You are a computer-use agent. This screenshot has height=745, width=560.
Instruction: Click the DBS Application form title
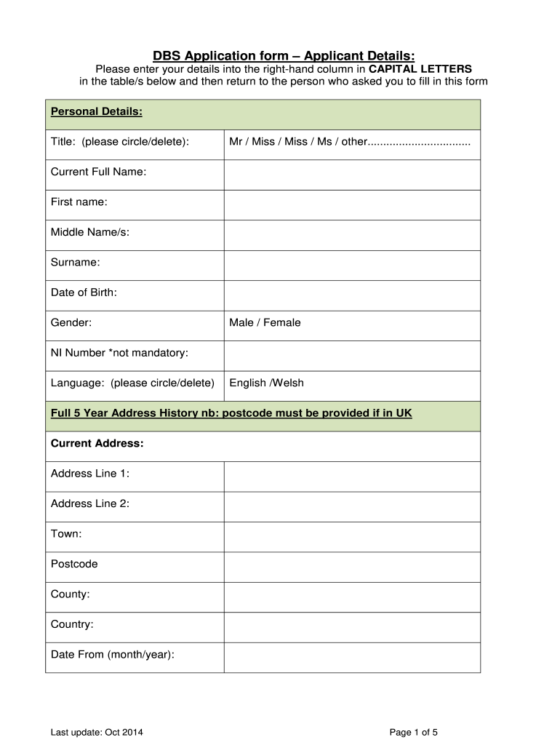click(284, 56)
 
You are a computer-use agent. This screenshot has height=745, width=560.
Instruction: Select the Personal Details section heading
click(96, 111)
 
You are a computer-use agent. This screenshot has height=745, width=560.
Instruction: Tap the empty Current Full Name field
click(352, 175)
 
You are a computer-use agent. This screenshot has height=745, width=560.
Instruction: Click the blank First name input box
click(352, 204)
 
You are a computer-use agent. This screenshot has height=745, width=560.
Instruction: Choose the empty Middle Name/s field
click(352, 235)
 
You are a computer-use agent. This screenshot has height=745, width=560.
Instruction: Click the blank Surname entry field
click(352, 265)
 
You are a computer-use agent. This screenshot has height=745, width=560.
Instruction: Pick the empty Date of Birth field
click(352, 295)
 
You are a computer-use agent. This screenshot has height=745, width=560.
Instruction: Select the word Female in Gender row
click(281, 322)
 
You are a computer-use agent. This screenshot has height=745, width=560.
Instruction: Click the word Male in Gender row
click(241, 322)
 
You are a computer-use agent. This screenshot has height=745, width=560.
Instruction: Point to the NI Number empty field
click(352, 356)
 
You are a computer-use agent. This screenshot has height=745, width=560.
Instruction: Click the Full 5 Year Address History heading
click(231, 413)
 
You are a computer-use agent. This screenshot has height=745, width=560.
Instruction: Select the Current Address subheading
click(97, 443)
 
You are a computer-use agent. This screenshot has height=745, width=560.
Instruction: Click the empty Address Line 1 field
click(352, 477)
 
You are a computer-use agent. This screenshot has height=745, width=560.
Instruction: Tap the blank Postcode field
click(352, 567)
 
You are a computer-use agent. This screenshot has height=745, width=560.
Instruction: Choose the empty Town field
click(352, 537)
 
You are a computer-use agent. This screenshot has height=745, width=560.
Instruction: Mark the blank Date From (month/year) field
click(352, 657)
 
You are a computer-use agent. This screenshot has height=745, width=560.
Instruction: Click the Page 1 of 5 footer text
click(414, 733)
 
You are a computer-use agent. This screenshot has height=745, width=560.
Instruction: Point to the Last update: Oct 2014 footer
click(97, 733)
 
